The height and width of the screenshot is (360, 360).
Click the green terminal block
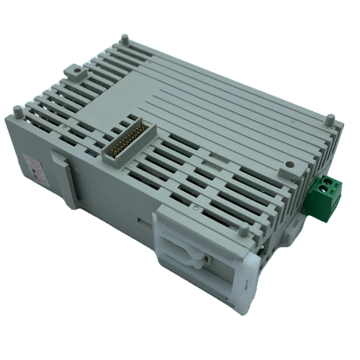(324, 197)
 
